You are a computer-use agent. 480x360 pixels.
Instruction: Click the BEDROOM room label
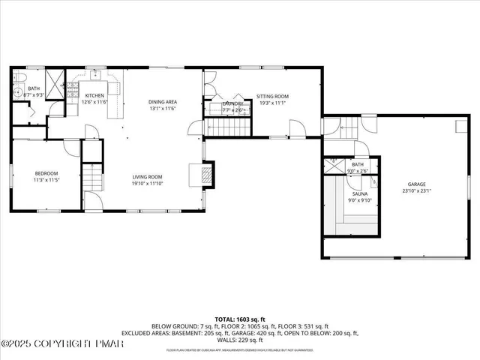[45, 173]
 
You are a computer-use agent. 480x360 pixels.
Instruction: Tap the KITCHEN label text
[94, 96]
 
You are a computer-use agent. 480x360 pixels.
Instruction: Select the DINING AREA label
[161, 102]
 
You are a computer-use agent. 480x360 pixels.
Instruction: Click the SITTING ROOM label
[272, 97]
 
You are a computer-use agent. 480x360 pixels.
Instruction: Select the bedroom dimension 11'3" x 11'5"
[45, 180]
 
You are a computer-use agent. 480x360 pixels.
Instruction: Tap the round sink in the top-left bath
[19, 93]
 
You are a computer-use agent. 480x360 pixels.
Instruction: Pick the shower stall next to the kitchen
[54, 81]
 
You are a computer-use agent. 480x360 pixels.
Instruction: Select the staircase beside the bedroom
[91, 178]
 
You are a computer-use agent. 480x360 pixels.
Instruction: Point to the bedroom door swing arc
[71, 148]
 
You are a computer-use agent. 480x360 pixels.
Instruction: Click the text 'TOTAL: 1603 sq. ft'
[239, 319]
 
